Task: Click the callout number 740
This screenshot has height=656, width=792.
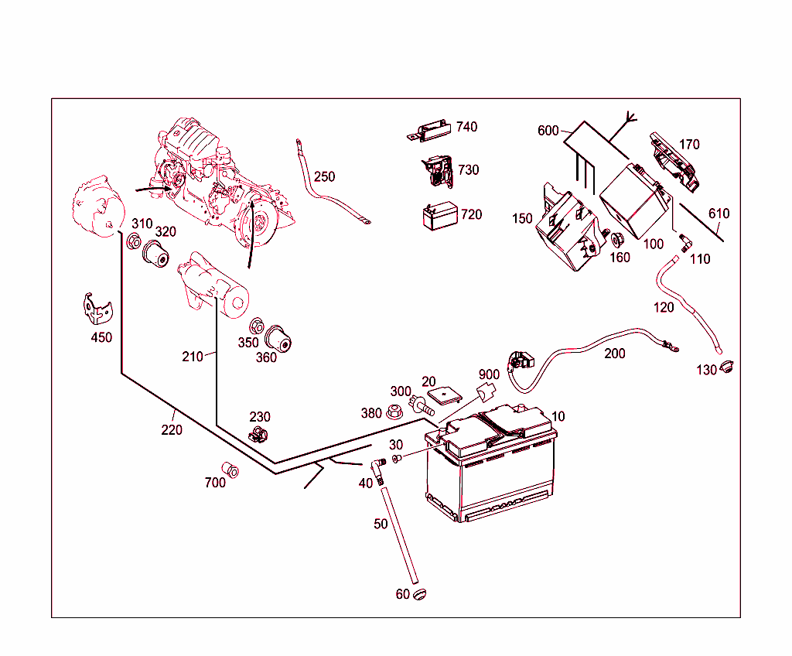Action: (466, 127)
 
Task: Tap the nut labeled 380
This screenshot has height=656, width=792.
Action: (394, 412)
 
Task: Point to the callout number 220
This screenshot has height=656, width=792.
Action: (172, 429)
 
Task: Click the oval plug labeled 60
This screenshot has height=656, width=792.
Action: (419, 594)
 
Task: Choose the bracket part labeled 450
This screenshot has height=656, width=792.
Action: (97, 309)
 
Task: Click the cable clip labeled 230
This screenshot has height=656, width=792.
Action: (258, 434)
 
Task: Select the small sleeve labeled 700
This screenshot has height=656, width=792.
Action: (230, 470)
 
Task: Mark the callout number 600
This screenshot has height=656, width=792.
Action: (548, 131)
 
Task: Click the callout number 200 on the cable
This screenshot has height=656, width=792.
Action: (615, 354)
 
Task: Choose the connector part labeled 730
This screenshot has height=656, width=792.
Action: (438, 173)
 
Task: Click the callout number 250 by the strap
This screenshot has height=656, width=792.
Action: (324, 176)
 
